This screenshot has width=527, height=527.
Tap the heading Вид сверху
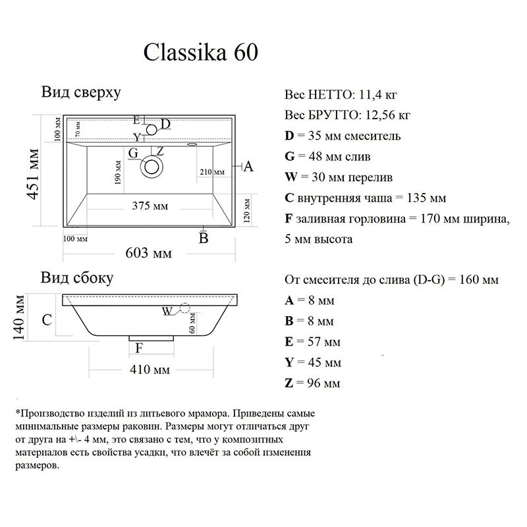click(x=80, y=92)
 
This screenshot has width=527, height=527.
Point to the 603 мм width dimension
click(x=148, y=253)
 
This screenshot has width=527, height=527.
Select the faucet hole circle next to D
click(x=152, y=130)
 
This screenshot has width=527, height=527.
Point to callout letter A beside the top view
click(x=248, y=167)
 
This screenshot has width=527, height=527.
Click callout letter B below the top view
click(x=204, y=238)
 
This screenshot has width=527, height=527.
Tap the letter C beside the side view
click(x=47, y=320)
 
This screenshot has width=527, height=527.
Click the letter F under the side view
click(x=138, y=347)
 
